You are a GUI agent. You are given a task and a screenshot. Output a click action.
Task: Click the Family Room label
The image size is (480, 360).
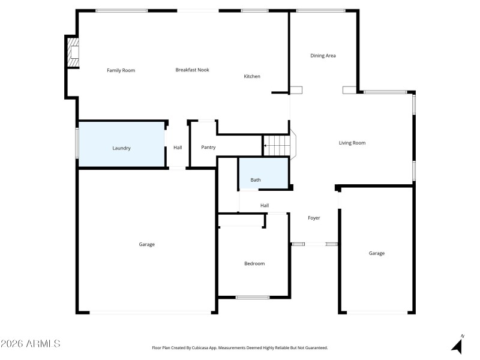tap(121, 70)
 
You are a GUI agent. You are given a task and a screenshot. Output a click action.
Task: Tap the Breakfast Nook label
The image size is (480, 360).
tap(192, 70)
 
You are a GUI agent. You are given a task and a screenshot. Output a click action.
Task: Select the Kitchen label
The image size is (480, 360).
tap(252, 76)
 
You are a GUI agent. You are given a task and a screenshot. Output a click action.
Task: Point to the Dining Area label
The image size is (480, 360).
tap(323, 56)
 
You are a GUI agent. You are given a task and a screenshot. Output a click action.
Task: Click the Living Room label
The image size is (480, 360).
tap(352, 143)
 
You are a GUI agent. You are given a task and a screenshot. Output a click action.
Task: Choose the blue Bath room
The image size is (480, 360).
tap(263, 174)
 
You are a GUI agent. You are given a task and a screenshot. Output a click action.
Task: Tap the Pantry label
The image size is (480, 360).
tap(208, 147)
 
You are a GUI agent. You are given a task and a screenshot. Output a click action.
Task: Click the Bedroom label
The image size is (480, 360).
tap(254, 263)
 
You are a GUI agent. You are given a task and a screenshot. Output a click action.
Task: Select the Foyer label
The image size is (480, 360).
tap(314, 218)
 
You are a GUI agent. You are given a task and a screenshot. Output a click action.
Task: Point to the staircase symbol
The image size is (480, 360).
tap(277, 145)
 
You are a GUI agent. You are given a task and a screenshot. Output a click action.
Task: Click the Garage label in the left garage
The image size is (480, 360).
tap(147, 244)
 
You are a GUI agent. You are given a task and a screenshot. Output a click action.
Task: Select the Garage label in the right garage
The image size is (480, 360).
tap(377, 253)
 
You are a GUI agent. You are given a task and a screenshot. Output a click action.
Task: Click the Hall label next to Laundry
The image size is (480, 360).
tap(178, 148)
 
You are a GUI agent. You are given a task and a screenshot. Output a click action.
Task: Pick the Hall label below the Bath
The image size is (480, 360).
tap(265, 206)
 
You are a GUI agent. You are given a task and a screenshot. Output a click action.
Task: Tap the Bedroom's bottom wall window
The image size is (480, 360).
tap(253, 297)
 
